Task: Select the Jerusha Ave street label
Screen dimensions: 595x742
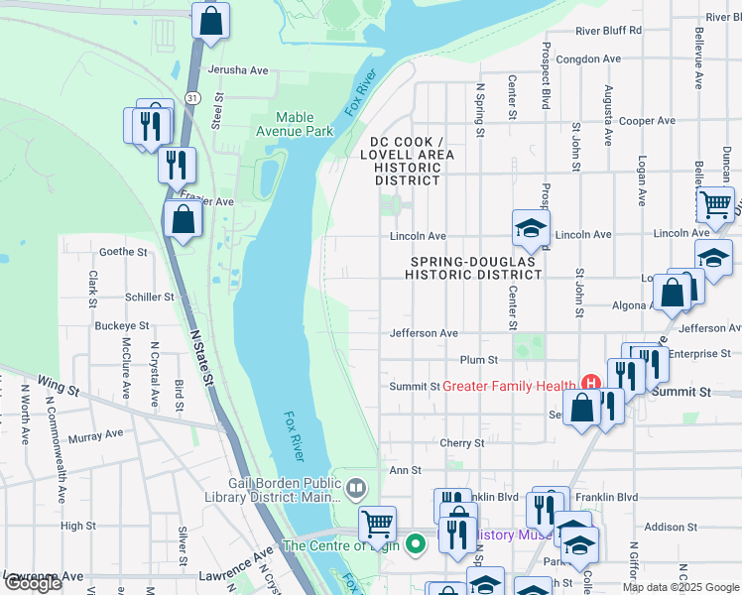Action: tap(238, 70)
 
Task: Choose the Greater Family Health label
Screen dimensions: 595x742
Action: tap(509, 386)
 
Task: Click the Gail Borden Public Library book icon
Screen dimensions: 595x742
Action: tap(356, 488)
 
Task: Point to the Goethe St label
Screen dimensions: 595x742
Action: tap(123, 252)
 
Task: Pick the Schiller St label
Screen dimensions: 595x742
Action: tap(150, 297)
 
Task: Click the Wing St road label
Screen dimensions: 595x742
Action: tap(57, 383)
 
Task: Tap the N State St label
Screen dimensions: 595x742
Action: tap(201, 357)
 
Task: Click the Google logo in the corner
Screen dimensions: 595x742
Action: tap(33, 583)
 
